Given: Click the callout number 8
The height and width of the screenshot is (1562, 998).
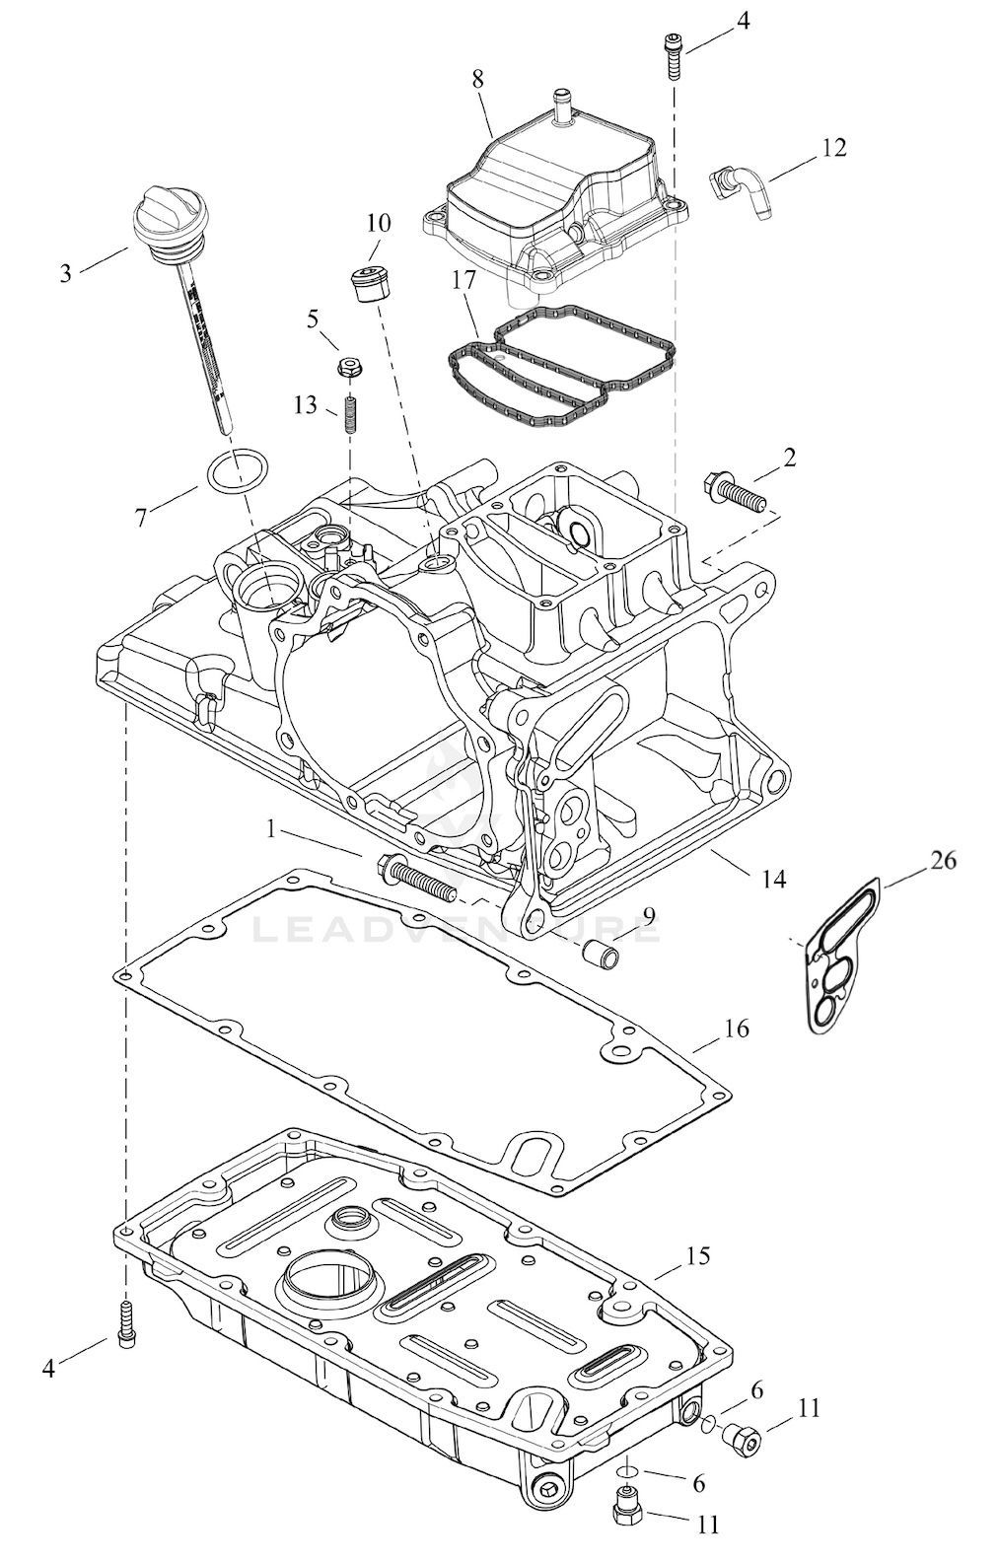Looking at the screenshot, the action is click(476, 79).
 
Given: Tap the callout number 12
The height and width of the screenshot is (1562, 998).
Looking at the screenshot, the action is click(833, 148).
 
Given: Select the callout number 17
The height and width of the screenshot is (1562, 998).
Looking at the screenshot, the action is click(463, 280).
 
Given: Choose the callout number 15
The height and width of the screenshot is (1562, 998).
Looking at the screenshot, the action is click(698, 1256).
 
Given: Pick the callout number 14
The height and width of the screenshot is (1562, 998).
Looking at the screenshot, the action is click(773, 880).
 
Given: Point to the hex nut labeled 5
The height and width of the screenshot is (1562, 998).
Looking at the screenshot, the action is click(347, 366).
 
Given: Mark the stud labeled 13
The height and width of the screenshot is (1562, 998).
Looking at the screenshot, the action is click(350, 413).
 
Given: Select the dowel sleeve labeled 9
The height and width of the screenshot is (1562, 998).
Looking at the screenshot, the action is click(601, 952).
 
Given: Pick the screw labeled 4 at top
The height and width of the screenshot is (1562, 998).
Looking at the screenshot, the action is click(673, 56).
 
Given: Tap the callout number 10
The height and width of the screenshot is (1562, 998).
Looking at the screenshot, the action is click(378, 224).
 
